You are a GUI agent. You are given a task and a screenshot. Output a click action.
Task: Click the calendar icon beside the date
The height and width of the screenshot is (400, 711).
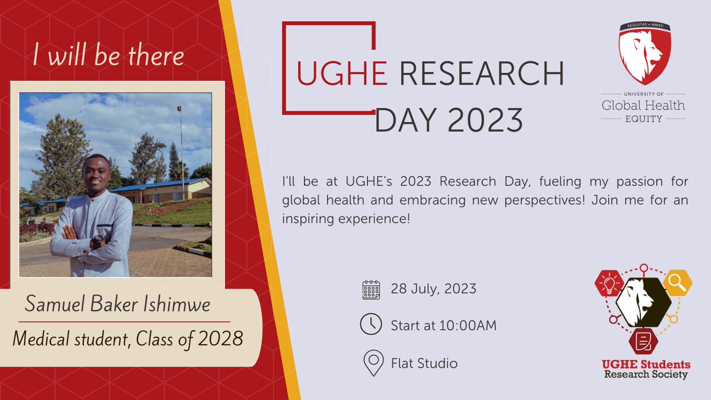point(371,290)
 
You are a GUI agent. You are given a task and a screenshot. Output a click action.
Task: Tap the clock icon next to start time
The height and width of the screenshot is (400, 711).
point(371,325)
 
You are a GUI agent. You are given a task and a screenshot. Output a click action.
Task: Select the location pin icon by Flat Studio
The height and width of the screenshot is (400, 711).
point(373,363)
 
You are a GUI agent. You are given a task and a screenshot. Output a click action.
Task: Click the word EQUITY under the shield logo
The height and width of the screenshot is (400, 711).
point(643,118)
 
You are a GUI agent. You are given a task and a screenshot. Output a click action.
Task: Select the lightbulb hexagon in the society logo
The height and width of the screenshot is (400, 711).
point(608,283)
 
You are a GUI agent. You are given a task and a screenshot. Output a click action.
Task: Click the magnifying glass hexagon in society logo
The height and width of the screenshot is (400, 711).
point(677,283)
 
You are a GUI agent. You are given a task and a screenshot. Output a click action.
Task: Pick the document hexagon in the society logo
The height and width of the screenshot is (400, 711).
point(643,340)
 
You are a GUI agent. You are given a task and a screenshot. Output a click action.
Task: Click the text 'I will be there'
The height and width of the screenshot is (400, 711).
point(108,56)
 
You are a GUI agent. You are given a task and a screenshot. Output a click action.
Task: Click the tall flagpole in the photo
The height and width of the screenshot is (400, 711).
point(180,142)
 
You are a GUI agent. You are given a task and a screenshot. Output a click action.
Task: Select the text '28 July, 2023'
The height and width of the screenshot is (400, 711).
point(433,289)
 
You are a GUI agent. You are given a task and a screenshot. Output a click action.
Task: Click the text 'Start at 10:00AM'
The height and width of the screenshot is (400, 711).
point(443,325)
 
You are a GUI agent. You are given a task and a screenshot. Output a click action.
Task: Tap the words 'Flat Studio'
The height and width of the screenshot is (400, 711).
point(424,363)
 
